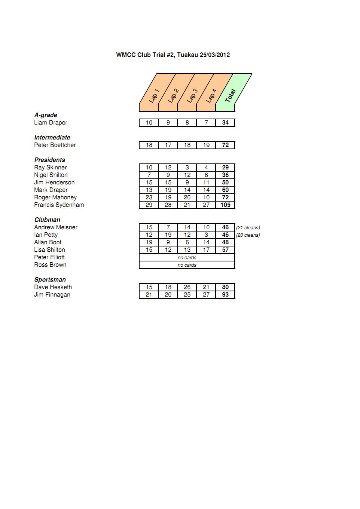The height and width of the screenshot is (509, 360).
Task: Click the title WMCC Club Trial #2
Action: [173, 55]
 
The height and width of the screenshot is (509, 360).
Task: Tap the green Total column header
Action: [232, 93]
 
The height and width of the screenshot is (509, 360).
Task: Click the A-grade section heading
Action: [46, 115]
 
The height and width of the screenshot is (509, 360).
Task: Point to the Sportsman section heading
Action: [50, 280]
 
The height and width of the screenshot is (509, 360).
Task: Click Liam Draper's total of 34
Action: [225, 123]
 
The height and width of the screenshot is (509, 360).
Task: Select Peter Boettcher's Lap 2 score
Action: [168, 145]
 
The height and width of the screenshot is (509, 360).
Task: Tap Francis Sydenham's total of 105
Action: [225, 205]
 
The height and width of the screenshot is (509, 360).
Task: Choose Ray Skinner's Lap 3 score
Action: [187, 168]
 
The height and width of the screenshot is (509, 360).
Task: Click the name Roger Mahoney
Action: [55, 197]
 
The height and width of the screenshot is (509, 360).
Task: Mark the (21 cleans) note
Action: [248, 228]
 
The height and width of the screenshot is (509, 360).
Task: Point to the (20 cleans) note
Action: [248, 235]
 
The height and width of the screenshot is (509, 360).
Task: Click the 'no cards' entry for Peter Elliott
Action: [187, 258]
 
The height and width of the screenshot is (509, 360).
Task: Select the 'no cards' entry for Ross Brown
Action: [187, 265]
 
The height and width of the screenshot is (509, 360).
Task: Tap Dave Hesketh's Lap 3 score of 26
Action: [187, 287]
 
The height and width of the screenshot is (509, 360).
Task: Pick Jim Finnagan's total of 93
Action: [225, 295]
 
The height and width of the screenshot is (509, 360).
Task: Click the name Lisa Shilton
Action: [49, 250]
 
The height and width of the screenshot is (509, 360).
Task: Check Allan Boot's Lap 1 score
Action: [149, 242]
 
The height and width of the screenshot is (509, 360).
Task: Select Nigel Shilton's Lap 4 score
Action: [206, 175]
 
